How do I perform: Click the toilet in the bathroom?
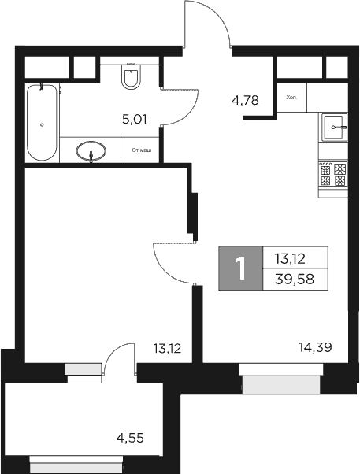132,77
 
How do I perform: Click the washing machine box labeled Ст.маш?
143,150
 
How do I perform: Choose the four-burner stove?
333,174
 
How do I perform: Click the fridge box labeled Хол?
291,98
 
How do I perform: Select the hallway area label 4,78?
244,100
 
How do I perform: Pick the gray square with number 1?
241,268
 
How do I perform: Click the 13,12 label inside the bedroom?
167,346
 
